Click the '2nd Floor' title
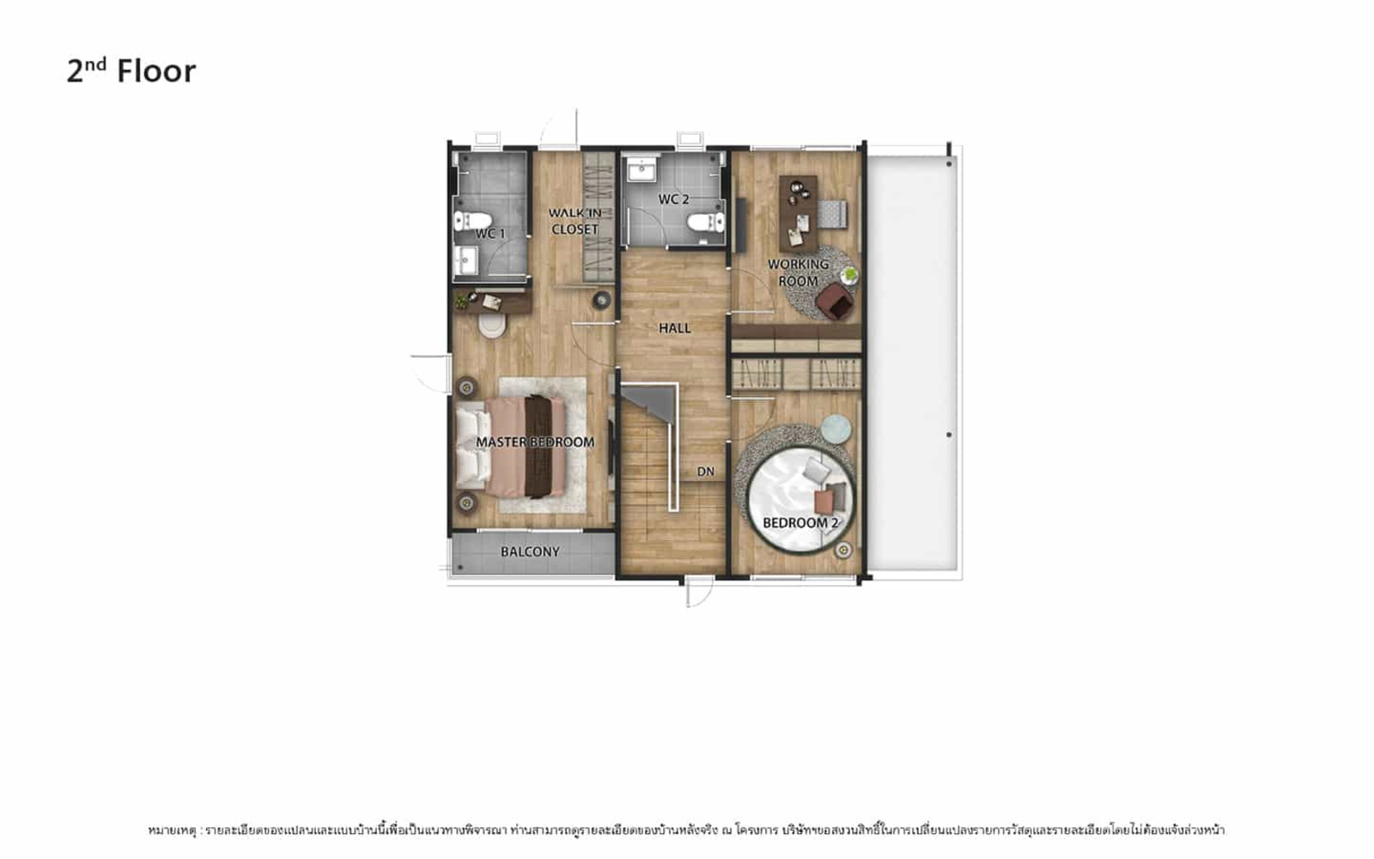point(131,70)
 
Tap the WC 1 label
point(490,234)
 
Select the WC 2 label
point(673,199)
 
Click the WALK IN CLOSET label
point(575,221)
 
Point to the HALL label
point(675,328)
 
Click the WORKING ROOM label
point(798,272)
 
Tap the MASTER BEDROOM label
point(535,442)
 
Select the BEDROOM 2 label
point(799,523)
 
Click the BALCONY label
point(530,551)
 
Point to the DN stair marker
point(706,472)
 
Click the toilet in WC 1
point(472,221)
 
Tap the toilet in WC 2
point(706,222)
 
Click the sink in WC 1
point(466,260)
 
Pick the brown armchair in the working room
point(835,302)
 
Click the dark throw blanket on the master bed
point(538,446)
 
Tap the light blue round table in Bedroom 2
point(836,429)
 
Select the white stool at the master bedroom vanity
point(492,326)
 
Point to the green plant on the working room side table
point(849,274)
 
